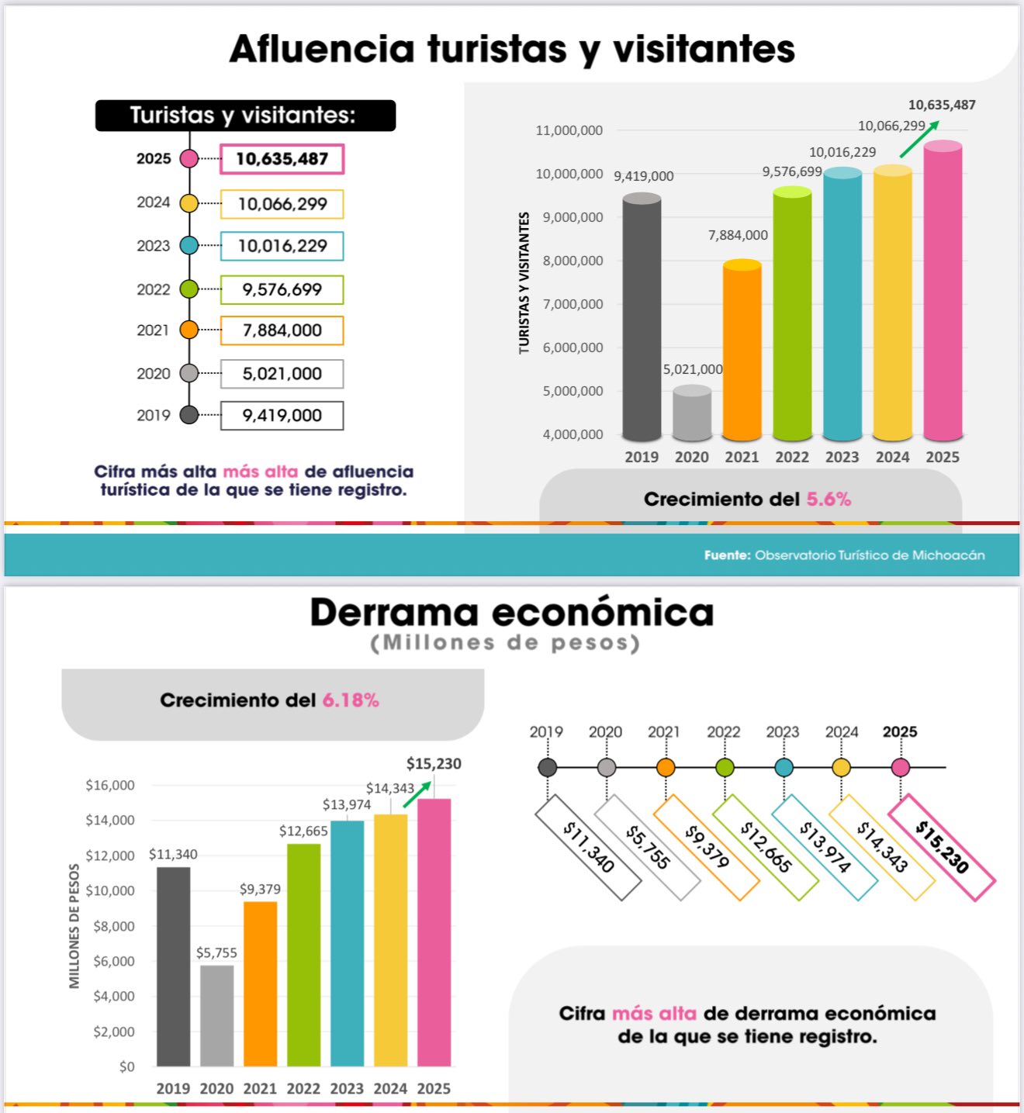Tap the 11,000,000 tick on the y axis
coord(569,130)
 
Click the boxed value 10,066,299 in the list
coord(282,204)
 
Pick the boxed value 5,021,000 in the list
coord(282,374)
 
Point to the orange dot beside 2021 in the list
coord(189,330)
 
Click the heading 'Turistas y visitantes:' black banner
coord(245,116)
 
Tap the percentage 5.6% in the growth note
coord(829,499)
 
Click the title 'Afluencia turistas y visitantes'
coord(512,49)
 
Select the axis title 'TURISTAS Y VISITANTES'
coord(524,283)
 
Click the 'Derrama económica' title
coord(512,612)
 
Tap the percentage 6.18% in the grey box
coord(351,700)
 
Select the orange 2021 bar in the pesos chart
coord(260,983)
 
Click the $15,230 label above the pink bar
coord(434,764)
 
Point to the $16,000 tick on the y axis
coord(110,786)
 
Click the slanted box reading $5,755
coord(647,847)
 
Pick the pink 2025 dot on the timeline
coord(900,768)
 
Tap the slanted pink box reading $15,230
coord(941,847)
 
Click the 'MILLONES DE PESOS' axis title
coord(74,926)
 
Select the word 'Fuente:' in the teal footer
coord(727,555)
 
